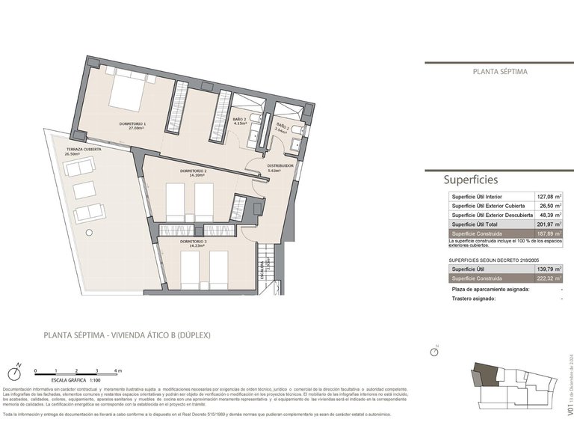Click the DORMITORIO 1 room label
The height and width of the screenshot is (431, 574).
(x=132, y=125)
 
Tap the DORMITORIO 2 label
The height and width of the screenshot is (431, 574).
(x=193, y=172)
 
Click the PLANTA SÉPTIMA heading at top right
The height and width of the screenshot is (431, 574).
(x=500, y=72)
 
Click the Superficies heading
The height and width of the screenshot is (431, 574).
(x=470, y=180)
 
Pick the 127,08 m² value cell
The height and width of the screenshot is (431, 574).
(x=549, y=197)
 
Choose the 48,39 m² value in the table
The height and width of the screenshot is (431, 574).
(x=549, y=215)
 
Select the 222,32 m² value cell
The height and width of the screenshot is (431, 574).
(x=549, y=278)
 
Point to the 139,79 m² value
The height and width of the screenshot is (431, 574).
(x=549, y=269)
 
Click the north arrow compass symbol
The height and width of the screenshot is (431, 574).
(x=17, y=372)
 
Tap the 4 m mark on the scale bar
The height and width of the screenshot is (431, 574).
(x=117, y=371)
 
